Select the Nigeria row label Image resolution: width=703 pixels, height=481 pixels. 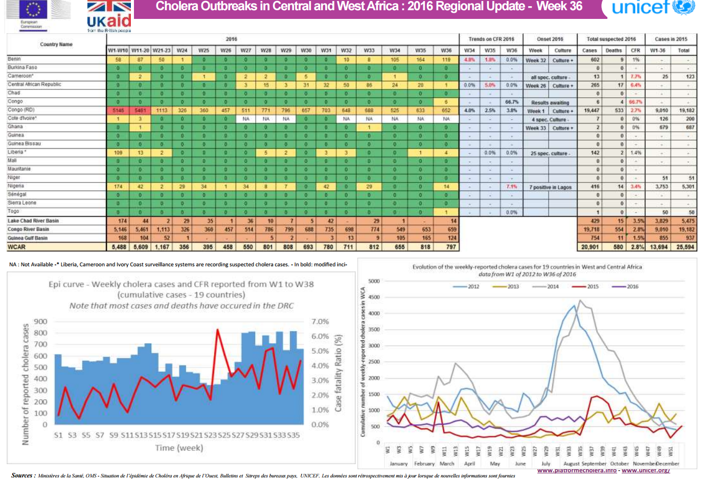point(16,186)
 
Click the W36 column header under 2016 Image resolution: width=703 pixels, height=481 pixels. point(446,51)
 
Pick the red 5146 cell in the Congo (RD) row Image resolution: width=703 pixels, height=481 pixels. point(118,110)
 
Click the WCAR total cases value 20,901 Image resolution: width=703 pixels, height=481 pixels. point(590,247)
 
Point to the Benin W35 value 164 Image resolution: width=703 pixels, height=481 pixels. point(420,60)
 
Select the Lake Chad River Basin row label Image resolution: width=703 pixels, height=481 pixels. point(33,221)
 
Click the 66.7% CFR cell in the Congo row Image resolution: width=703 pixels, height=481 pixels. point(511,102)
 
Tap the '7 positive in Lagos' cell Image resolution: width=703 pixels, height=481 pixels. point(550,187)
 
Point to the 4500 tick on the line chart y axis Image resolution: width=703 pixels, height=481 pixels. point(374,297)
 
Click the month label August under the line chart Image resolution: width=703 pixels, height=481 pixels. point(571,464)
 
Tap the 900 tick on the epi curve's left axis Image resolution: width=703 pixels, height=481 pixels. point(40,322)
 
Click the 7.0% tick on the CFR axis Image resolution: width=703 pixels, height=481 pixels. point(320,322)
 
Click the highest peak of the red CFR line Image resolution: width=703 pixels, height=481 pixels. point(218,330)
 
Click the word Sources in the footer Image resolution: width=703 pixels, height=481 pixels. point(22,475)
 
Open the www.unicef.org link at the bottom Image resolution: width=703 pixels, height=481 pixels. point(645,470)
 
